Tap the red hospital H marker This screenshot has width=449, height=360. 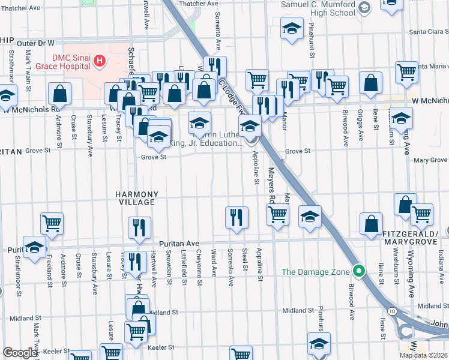coord(100,61)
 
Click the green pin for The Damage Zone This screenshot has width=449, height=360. coord(359,271)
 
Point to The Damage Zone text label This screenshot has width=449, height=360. coord(315,272)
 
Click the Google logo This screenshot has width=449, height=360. coord(20,353)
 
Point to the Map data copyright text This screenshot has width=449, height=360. coord(424,355)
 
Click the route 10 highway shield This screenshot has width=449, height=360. coord(391,311)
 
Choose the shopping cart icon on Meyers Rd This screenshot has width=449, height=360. coord(277,214)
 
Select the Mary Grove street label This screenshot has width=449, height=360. coord(430,160)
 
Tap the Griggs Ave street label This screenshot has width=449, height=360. coord(361,129)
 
